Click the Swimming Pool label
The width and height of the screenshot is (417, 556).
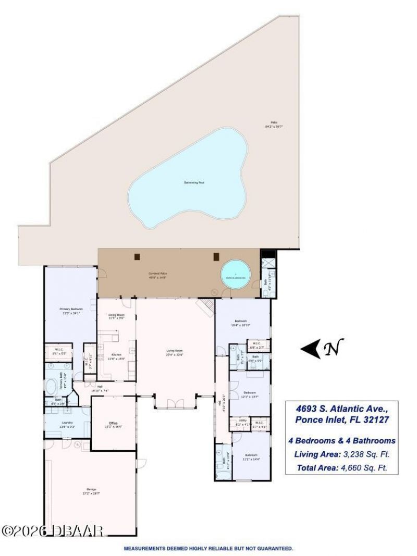click(x=192, y=182)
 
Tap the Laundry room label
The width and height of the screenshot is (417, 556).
click(x=67, y=424)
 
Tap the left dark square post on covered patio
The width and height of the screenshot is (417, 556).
click(x=137, y=256)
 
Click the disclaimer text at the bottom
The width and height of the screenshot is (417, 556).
click(x=208, y=549)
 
